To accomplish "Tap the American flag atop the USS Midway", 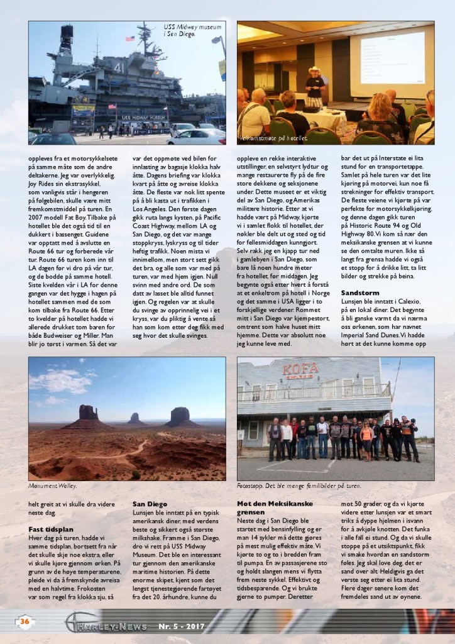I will (x=130, y=39).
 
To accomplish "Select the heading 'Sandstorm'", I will (x=360, y=293).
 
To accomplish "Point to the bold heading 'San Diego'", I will (x=150, y=504).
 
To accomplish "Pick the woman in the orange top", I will (x=366, y=438).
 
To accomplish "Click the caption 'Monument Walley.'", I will (x=57, y=486).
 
